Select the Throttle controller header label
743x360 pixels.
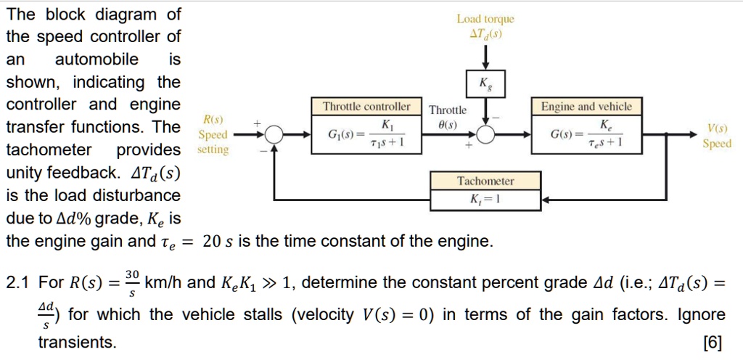(x=366, y=107)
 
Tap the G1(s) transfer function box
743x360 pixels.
(x=366, y=134)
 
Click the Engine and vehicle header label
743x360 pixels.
(x=586, y=107)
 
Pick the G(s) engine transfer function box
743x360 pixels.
(x=586, y=134)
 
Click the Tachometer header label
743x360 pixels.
(x=485, y=181)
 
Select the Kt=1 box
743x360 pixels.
(x=485, y=198)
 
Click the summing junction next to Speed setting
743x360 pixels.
(x=274, y=134)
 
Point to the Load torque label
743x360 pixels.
(x=485, y=20)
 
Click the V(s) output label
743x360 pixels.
(x=716, y=129)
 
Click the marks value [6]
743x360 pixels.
(x=713, y=342)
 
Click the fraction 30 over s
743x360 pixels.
(x=131, y=282)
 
